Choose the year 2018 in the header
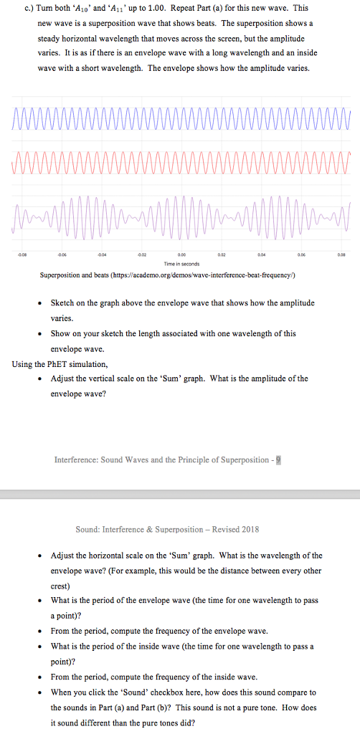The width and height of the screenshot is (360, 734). pyautogui.click(x=249, y=530)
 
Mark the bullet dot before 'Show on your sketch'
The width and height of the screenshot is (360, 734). pyautogui.click(x=42, y=334)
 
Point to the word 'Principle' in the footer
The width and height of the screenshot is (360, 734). pyautogui.click(x=202, y=459)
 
